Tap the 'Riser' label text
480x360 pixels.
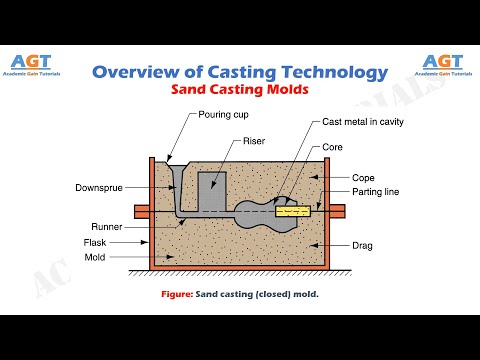(255, 141)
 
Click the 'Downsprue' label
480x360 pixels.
(98, 187)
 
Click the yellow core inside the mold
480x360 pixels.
(298, 211)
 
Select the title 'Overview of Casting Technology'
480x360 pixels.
(239, 72)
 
